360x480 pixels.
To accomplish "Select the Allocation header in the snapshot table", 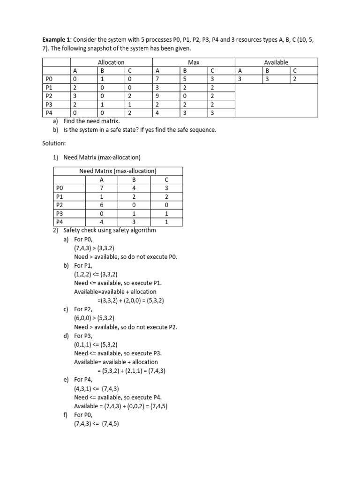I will [111, 62].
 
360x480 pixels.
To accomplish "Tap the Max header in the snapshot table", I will [194, 62].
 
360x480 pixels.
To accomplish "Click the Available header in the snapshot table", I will [276, 62].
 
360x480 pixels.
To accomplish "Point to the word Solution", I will [55, 142].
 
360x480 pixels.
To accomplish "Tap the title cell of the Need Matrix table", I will [118, 171].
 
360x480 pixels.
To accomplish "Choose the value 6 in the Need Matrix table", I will [102, 205].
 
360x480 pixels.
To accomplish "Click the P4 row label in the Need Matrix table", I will [59, 222].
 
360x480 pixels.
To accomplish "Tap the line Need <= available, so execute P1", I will [118, 283].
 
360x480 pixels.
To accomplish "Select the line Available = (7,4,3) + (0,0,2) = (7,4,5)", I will [120, 406].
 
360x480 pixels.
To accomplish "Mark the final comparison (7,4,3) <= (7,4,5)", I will [97, 424].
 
